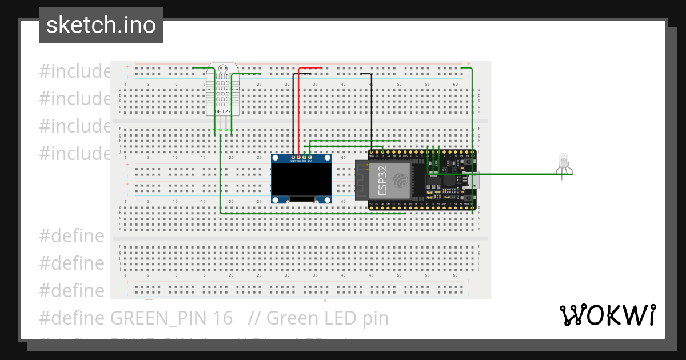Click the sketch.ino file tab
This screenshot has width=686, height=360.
(101, 25)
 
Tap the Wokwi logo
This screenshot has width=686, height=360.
(607, 315)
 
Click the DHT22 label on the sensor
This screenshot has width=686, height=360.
(222, 111)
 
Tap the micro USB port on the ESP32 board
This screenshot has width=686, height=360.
(474, 181)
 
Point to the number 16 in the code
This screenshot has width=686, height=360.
(225, 318)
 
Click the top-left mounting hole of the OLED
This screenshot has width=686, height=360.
(276, 158)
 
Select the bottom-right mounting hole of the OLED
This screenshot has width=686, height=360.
(328, 199)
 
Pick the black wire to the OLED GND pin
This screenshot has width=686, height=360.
(293, 114)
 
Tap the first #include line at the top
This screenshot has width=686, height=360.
(75, 71)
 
